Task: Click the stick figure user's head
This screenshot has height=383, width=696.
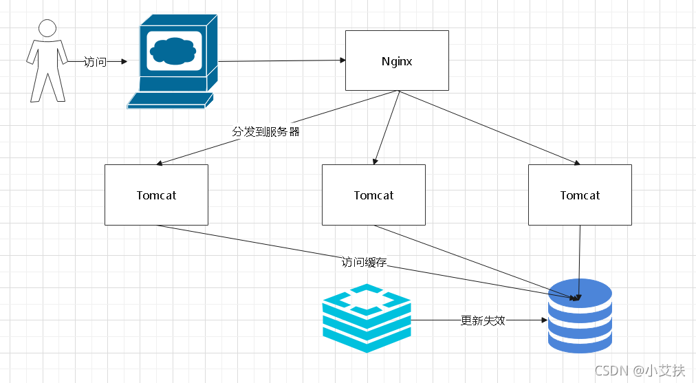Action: point(47,28)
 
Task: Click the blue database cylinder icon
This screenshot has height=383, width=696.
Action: point(580,316)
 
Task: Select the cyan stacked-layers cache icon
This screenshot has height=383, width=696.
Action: point(367,318)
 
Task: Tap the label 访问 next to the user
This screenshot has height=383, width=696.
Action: point(95,62)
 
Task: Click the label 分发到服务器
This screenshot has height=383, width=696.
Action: point(266,131)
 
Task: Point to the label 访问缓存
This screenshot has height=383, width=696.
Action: point(364,262)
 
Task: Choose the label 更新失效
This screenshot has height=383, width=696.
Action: point(483,320)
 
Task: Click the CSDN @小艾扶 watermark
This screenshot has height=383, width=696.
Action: point(640,371)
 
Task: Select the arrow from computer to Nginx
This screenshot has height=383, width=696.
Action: point(282,61)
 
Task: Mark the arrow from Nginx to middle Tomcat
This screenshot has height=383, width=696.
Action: point(387,128)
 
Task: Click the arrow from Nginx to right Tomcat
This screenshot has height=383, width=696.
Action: point(488,127)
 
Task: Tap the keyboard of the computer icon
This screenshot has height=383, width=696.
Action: point(167,101)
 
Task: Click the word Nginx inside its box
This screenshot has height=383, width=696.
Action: point(397,61)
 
